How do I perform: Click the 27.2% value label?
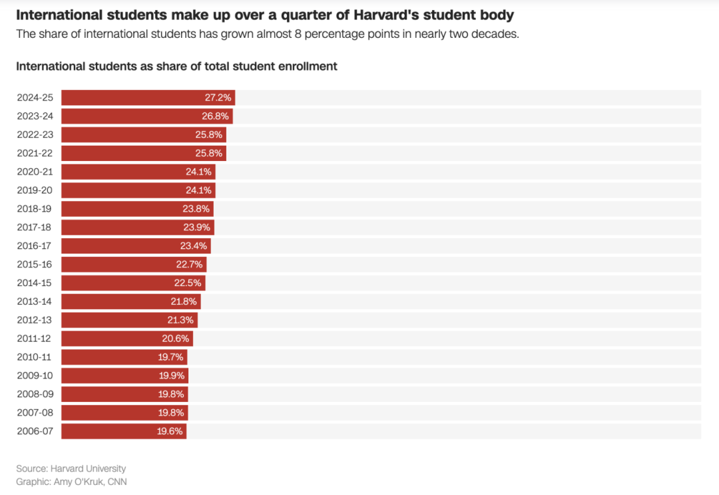point(218,98)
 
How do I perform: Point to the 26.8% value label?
point(216,116)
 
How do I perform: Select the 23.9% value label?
point(196,228)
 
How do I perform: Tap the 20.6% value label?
point(176,339)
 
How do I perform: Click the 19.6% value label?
point(170,431)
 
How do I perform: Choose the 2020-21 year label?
point(35,172)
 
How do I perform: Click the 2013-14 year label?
point(35,301)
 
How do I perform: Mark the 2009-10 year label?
point(35,376)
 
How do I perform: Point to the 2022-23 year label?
point(35,135)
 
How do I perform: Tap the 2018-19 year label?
point(35,209)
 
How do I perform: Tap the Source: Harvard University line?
point(71,468)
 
